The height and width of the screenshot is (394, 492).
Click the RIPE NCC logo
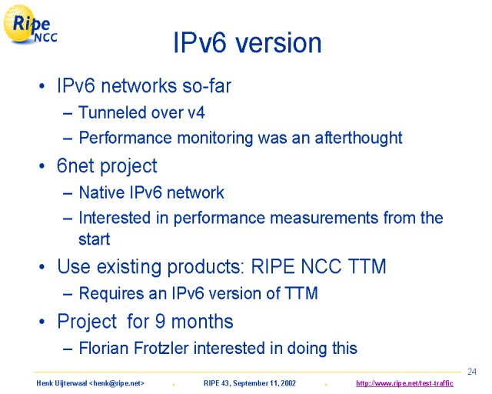pos(30,24)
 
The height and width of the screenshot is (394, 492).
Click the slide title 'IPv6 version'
pos(248,43)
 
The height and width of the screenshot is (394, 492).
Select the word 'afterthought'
pos(358,138)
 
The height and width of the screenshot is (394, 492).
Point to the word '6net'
pos(75,165)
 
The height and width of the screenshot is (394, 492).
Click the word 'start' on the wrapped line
pos(94,239)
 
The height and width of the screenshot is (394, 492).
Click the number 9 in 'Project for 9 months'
pos(160,322)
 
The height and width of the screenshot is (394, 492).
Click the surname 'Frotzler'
pos(161,348)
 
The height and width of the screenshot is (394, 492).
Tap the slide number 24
pos(472,372)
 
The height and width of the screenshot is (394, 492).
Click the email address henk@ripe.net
pos(117,383)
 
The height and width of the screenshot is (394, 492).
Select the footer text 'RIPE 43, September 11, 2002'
pos(250,383)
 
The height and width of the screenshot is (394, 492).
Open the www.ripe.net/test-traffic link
pos(404,383)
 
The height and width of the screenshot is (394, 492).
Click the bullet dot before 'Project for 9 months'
pos(42,322)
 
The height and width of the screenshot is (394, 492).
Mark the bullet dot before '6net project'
pos(42,166)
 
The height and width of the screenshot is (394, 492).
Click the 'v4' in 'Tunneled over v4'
pos(197,113)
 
